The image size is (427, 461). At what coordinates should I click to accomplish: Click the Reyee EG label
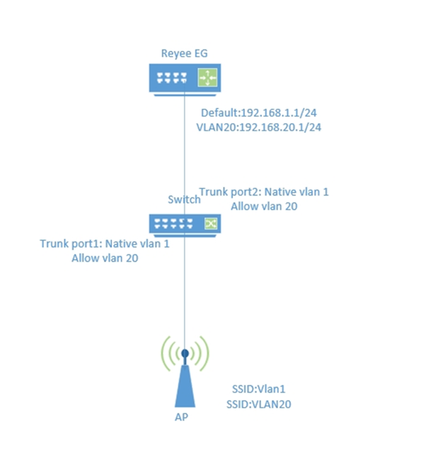tap(184, 54)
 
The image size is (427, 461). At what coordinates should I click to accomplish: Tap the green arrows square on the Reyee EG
tap(209, 76)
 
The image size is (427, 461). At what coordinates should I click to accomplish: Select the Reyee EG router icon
tap(185, 77)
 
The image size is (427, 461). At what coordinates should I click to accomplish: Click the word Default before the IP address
tap(216, 113)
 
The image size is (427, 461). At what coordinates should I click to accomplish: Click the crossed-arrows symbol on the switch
tap(211, 224)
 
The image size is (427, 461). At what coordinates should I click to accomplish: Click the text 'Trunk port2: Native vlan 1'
tap(264, 192)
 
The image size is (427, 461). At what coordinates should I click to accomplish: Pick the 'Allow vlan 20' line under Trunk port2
tap(264, 206)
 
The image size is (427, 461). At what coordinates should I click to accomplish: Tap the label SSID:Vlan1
tap(259, 389)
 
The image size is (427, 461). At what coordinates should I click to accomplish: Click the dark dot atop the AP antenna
tap(185, 354)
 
